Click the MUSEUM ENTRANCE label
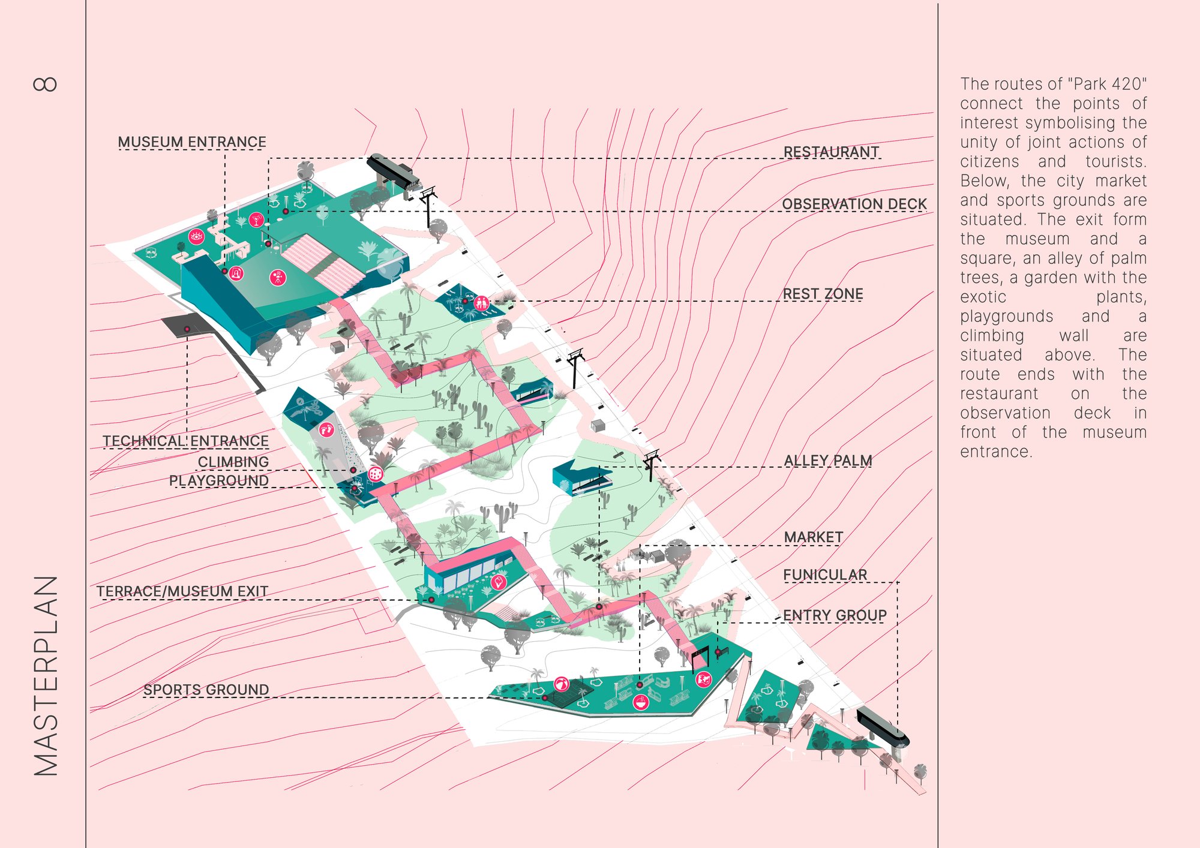coord(192,142)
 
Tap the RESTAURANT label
coord(831,152)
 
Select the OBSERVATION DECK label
coord(854,204)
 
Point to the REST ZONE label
coord(823,294)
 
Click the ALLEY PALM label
coord(828,460)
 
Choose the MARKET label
coord(814,537)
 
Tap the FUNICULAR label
coord(825,575)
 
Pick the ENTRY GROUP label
coord(835,615)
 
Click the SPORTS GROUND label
coord(206,690)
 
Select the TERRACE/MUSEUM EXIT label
coord(182,591)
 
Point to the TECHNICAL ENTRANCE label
coord(185,441)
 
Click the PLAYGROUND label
coord(219,480)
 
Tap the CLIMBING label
coord(233,462)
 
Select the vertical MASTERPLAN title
coord(46,676)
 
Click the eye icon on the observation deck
coord(196,236)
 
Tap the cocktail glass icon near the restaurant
coord(257,219)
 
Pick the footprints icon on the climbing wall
coord(326,429)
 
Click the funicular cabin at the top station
coord(393,170)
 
